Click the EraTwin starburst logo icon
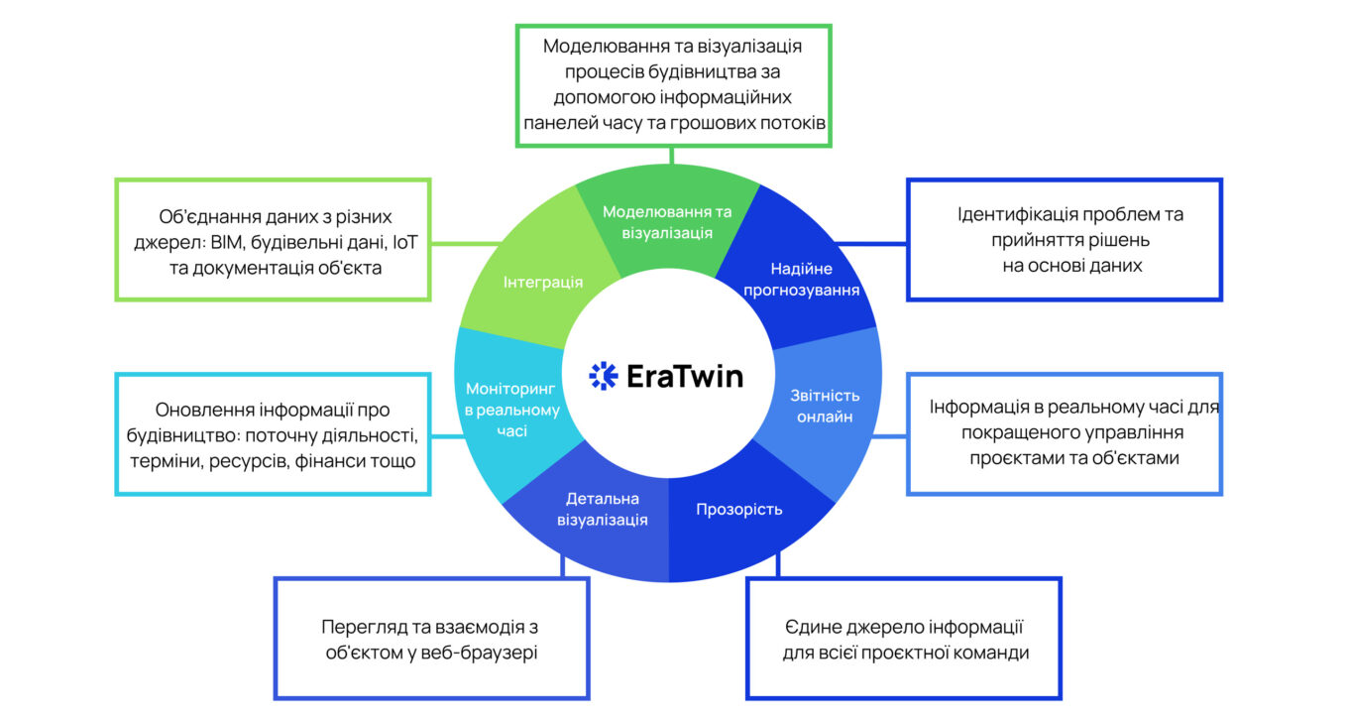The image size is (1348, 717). (x=603, y=376)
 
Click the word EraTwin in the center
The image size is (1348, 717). (x=685, y=376)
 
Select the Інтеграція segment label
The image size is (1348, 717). (x=543, y=282)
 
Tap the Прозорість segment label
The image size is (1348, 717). (x=739, y=510)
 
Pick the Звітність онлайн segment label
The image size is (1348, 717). (x=825, y=406)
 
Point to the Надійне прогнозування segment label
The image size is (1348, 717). (x=801, y=280)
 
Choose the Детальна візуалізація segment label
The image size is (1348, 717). (x=603, y=510)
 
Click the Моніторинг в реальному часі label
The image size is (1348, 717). (x=511, y=410)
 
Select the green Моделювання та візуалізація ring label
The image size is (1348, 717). (x=667, y=222)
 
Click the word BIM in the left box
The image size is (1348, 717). (x=226, y=242)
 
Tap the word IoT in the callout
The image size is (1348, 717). (x=404, y=242)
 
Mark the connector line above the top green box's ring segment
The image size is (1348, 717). (x=672, y=156)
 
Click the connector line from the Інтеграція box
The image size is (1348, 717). (x=466, y=243)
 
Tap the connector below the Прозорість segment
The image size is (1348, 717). (x=778, y=565)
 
